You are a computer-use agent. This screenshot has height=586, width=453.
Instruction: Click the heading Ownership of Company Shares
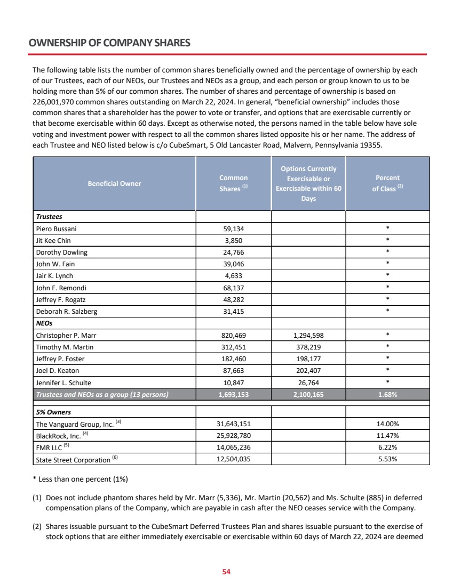click(109, 43)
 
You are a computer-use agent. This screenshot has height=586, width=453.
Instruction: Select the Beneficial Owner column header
click(114, 183)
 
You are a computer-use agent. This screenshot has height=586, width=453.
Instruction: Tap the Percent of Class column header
click(387, 183)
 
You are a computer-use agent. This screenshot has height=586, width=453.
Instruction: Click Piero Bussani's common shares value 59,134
click(234, 229)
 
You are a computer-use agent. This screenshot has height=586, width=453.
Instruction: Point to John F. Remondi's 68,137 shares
click(234, 288)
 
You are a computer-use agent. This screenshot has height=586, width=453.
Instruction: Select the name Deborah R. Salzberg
click(66, 311)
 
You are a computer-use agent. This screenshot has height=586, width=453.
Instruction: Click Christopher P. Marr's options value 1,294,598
click(308, 336)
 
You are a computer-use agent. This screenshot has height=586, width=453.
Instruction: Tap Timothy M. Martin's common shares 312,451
click(234, 347)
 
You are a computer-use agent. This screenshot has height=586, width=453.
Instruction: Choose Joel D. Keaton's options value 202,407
click(308, 371)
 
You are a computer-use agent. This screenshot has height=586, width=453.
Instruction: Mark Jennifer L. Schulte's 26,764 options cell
click(308, 382)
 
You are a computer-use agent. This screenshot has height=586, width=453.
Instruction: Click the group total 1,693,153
click(234, 395)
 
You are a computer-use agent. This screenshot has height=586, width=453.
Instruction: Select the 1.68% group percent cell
click(388, 395)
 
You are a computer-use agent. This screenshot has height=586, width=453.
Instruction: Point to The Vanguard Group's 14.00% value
click(388, 424)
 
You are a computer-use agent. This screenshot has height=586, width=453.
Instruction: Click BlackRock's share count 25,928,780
click(234, 436)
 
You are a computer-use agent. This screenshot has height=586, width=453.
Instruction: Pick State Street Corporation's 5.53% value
click(388, 459)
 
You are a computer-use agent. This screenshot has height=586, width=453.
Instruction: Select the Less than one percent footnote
click(80, 479)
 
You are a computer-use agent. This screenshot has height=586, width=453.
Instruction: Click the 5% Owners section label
click(53, 412)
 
